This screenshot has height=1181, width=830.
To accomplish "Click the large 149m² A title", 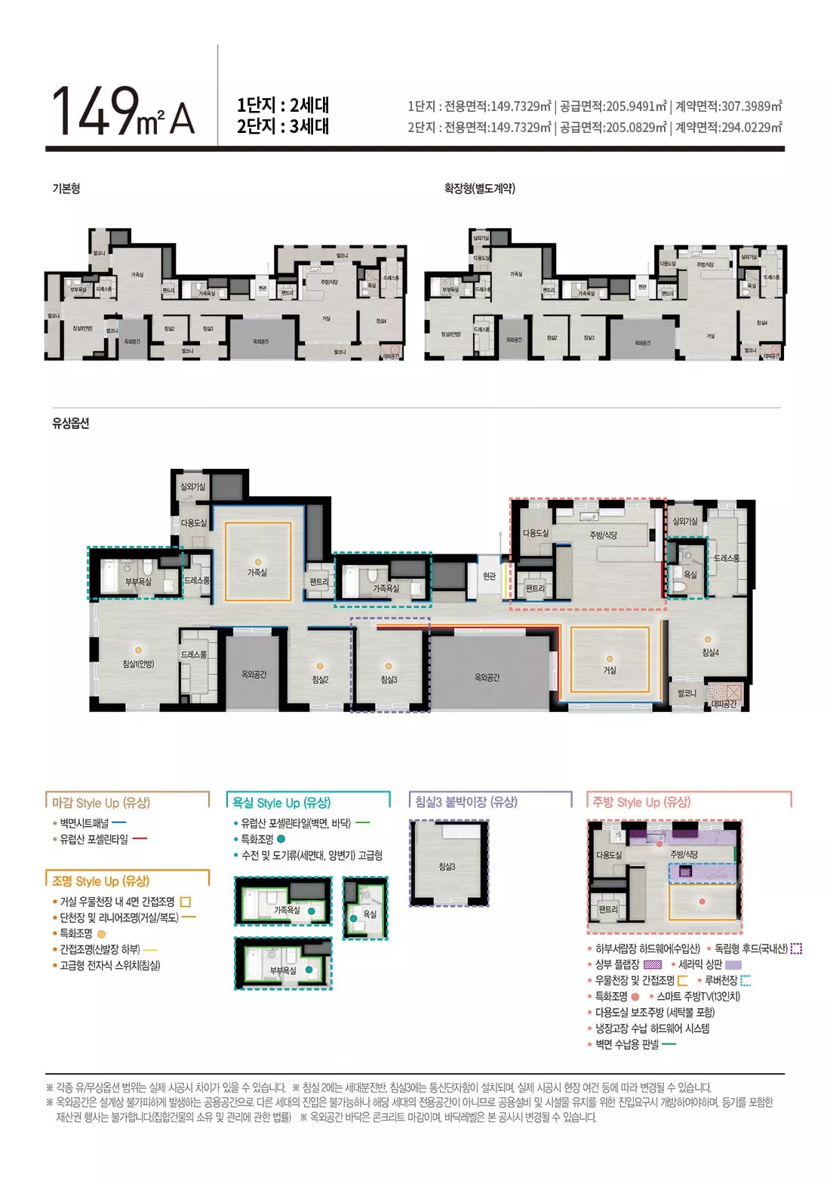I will click(x=123, y=112).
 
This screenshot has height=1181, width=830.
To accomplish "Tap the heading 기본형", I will click(x=66, y=189).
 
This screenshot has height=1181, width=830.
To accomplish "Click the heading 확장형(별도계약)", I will click(x=480, y=189).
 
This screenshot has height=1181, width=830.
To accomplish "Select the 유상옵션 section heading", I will click(x=71, y=424).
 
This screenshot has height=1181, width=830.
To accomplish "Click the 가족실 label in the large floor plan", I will click(x=257, y=573).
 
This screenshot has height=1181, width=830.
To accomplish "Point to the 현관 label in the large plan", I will click(x=490, y=576).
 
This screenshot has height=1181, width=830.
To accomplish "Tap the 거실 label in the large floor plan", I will click(x=610, y=671).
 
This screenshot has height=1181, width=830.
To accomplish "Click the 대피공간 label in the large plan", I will click(x=724, y=704).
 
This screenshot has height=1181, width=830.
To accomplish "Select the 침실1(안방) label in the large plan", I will click(x=138, y=664).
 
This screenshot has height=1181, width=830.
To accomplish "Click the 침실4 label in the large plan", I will click(x=711, y=653).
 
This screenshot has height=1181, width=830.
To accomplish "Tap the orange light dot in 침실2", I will click(x=320, y=667).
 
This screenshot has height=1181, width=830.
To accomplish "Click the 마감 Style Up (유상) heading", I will click(x=100, y=803).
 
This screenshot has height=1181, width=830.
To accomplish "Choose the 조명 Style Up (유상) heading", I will click(x=100, y=881).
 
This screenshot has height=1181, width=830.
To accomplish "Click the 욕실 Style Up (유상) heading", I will click(x=281, y=803).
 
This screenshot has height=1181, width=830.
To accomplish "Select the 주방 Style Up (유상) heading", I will click(x=641, y=802).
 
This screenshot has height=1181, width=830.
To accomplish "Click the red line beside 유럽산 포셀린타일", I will click(x=140, y=839).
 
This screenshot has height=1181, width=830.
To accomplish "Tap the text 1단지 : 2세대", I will click(x=283, y=105).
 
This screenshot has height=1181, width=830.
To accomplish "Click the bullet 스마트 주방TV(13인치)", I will click(x=698, y=997).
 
